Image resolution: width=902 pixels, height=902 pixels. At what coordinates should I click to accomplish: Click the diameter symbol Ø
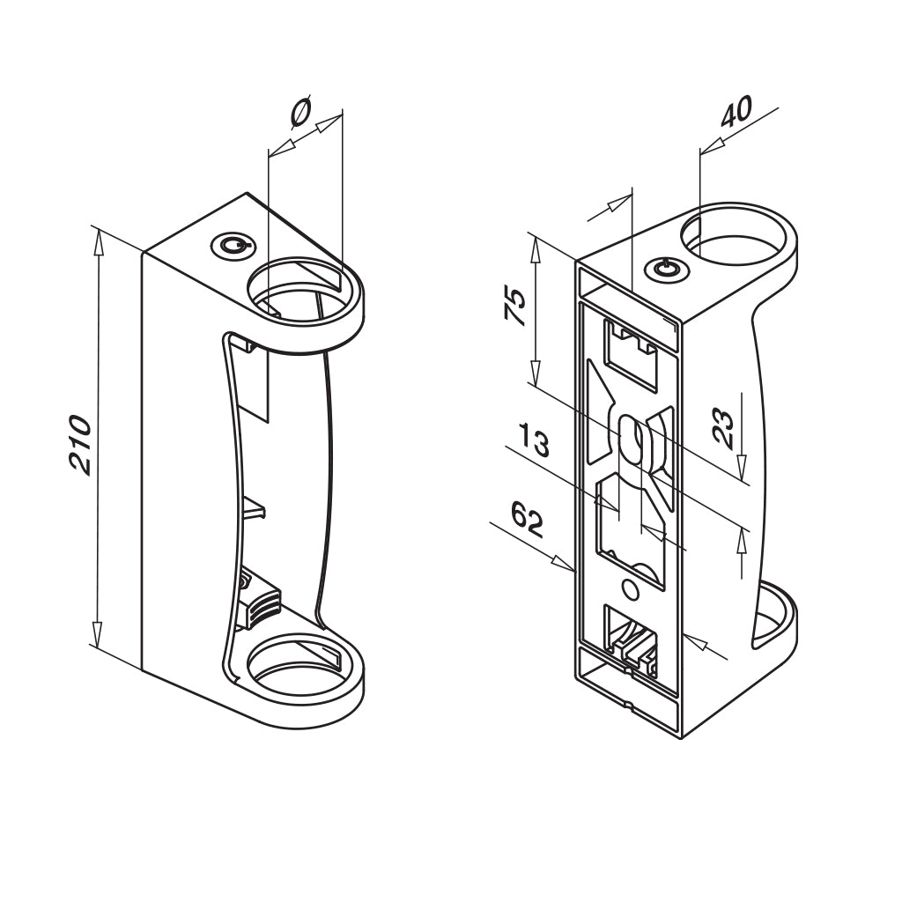tap(301, 112)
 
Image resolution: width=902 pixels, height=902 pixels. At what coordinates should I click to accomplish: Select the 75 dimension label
tap(515, 307)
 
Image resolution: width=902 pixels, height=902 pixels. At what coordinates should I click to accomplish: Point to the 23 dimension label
tap(724, 428)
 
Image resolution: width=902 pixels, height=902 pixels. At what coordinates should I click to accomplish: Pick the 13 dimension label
tap(535, 440)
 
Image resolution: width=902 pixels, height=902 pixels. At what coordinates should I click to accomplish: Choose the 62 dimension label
tap(527, 520)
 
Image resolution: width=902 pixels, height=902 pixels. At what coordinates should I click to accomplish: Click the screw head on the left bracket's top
tap(232, 247)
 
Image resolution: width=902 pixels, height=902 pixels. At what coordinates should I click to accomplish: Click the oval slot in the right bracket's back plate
tap(631, 441)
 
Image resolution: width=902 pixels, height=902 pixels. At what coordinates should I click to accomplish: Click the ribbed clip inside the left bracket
tap(262, 604)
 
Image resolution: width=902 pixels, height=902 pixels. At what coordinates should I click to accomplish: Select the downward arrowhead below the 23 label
tap(742, 466)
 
